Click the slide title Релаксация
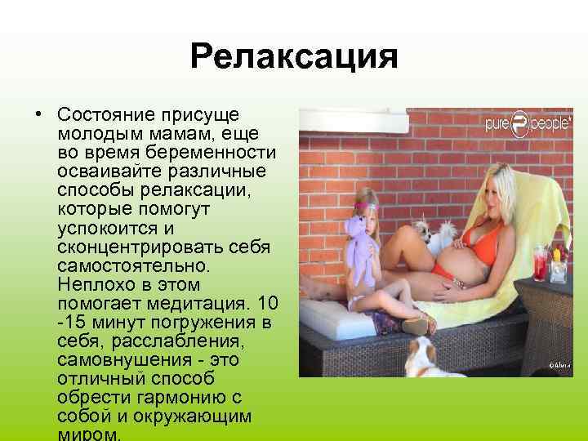coord(293,58)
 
